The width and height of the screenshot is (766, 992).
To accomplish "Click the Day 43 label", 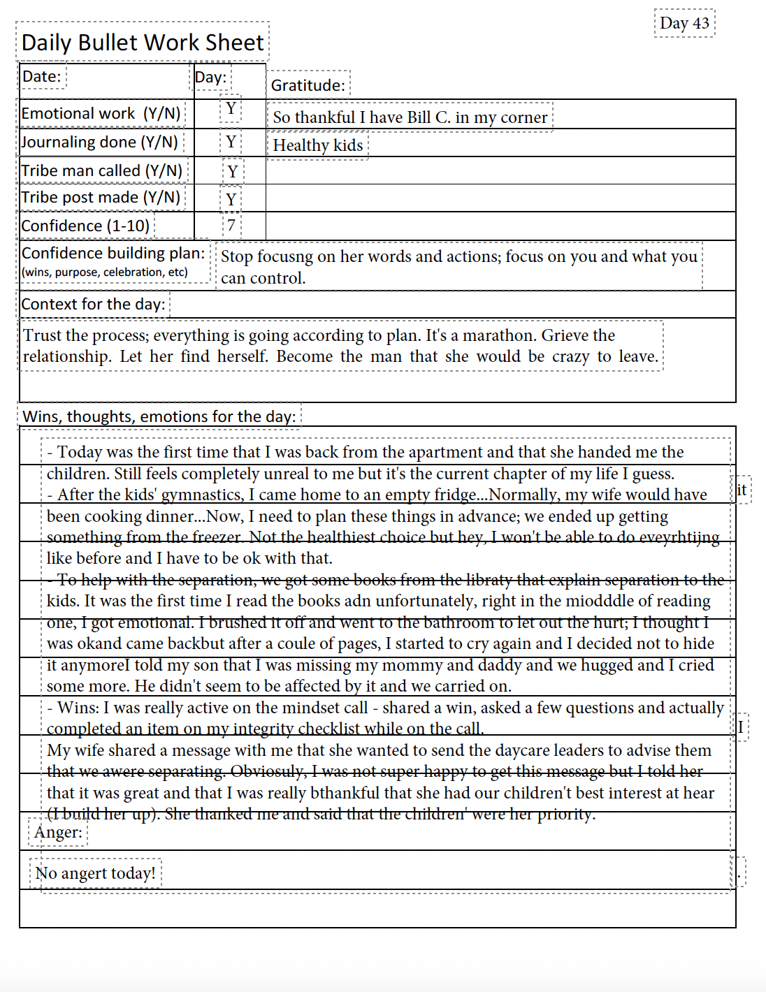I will point(684,23).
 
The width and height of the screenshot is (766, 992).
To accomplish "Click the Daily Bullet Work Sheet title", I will point(143,43).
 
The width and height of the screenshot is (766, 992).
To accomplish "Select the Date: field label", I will point(42,76).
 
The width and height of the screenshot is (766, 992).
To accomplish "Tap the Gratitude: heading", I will point(308,85).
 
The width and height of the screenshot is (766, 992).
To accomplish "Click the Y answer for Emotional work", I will point(231,109).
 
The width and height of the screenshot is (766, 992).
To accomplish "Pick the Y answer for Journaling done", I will point(231,142).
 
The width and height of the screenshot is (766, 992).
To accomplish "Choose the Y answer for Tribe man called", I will point(232,171).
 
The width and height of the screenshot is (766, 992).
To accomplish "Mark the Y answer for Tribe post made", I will point(231,200).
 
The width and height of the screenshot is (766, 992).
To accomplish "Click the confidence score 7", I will point(231,226).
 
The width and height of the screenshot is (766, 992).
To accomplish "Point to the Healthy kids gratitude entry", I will point(317,145).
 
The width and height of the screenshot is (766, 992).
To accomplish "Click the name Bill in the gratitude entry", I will point(419,117).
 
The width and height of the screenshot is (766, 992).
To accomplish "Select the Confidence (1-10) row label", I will point(85,226).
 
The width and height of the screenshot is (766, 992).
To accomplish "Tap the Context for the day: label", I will point(93,304).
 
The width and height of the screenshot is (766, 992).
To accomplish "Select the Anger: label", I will point(58,832).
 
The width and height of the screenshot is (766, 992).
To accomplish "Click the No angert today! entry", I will point(95,873).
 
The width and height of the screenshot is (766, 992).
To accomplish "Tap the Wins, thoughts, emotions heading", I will point(159,416).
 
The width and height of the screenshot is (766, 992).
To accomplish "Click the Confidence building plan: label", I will point(113,253).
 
